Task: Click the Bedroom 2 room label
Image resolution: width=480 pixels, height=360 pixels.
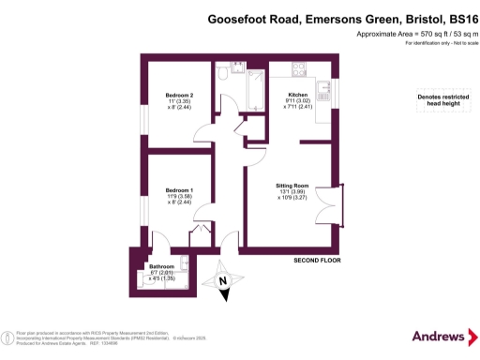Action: pyautogui.click(x=180, y=96)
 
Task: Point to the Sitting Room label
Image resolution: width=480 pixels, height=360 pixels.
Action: pyautogui.click(x=292, y=186)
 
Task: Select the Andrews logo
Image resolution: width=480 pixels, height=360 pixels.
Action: pyautogui.click(x=439, y=336)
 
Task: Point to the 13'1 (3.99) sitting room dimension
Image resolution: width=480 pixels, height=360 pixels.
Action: pyautogui.click(x=292, y=192)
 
